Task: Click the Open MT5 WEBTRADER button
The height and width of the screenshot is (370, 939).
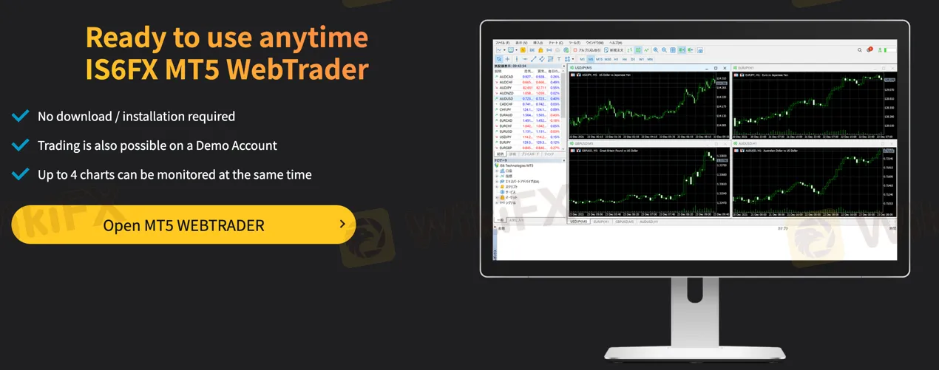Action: (183, 225)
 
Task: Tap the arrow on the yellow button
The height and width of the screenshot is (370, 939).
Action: (342, 224)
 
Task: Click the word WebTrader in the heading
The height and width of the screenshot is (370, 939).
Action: (297, 69)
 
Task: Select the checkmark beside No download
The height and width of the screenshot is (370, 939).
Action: (21, 116)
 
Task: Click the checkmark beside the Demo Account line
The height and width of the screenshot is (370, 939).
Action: (21, 145)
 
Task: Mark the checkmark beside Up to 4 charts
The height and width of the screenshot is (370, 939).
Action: (21, 175)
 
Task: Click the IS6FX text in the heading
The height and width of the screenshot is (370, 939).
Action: (123, 69)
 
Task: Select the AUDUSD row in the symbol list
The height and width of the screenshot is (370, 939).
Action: (506, 98)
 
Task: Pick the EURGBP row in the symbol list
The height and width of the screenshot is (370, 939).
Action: (506, 148)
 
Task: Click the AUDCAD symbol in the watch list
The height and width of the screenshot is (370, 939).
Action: (506, 76)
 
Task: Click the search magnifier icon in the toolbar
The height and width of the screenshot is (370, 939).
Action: (859, 50)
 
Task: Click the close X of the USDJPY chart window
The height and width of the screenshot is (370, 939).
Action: (725, 67)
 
